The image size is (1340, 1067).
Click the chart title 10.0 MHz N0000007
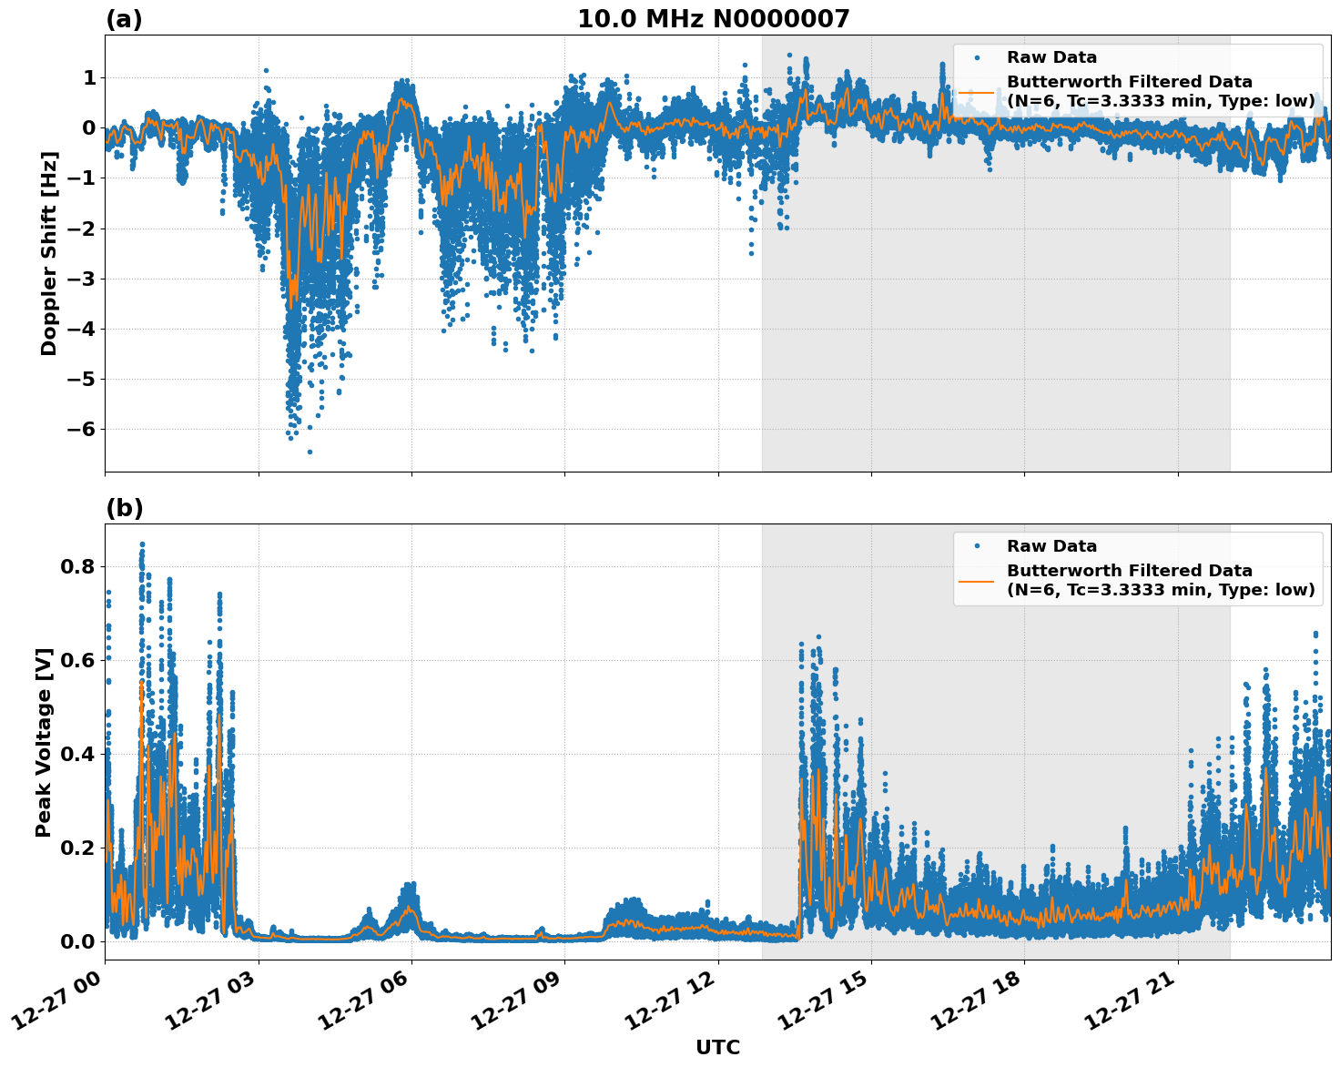[713, 19]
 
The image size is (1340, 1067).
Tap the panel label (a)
[124, 19]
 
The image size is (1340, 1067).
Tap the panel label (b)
[124, 508]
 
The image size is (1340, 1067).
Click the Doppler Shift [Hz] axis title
[49, 253]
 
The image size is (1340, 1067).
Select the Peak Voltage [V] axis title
[44, 742]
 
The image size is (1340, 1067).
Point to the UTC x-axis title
[717, 1047]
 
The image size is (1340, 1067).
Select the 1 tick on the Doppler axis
[89, 78]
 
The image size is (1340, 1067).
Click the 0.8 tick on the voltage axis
[79, 566]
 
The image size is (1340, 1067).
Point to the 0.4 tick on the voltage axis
[79, 754]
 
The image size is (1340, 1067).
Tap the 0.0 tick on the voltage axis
[79, 941]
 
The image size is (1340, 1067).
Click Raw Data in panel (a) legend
[1051, 57]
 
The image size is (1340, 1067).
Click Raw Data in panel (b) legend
[1051, 546]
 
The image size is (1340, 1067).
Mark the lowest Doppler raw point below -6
[310, 452]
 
